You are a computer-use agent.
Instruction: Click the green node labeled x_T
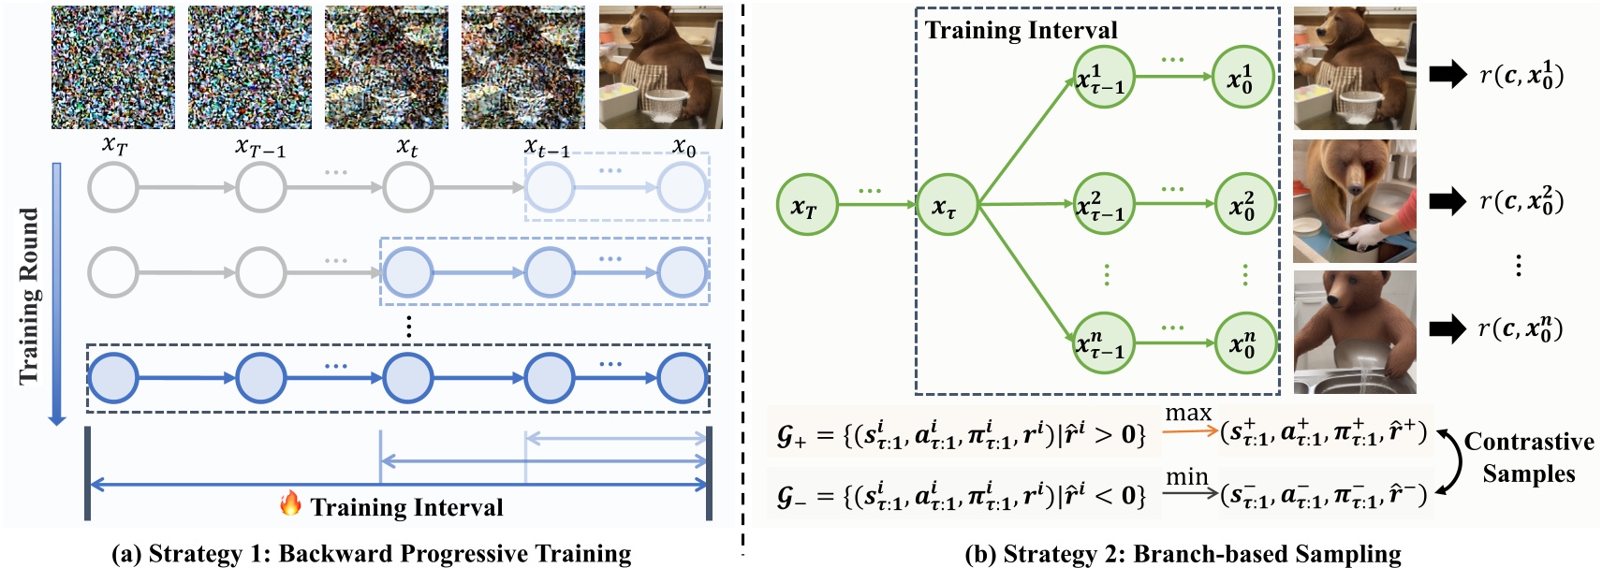coord(806,205)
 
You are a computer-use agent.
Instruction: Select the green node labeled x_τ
coord(947,205)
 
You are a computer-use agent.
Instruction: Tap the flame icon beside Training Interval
coord(290,505)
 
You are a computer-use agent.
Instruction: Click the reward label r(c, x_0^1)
coord(1521,74)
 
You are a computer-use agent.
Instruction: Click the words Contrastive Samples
coord(1528,458)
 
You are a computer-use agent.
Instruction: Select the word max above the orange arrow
coord(1188,413)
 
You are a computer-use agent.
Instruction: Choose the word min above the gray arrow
coord(1186,477)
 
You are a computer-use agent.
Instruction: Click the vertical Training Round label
coord(30,295)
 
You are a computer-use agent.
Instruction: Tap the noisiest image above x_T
coord(112,67)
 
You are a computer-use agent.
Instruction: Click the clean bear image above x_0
coord(660,67)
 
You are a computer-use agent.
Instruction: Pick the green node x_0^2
coord(1244,205)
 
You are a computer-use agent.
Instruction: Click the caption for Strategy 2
coord(1183,554)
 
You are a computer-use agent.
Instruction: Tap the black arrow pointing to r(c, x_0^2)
coord(1448,200)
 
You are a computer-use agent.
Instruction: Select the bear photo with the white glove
coord(1354,201)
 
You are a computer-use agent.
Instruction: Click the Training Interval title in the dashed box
coord(1021,30)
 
